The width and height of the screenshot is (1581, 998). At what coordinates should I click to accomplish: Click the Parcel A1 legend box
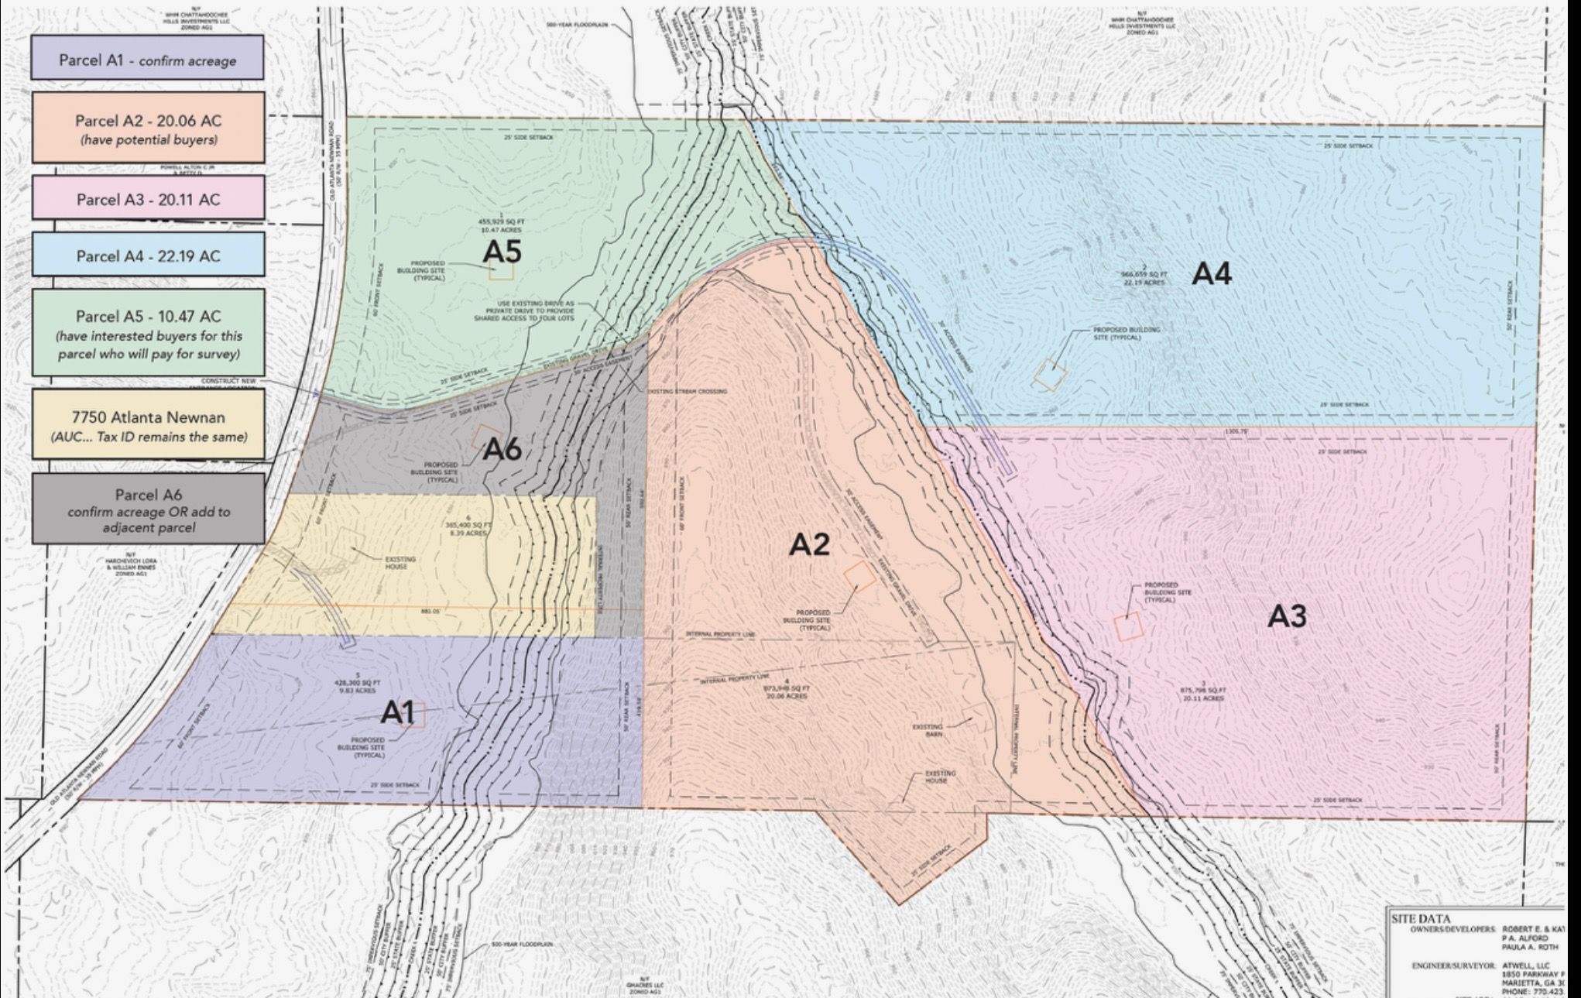[147, 59]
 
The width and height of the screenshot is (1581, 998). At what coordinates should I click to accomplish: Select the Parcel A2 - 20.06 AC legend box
[148, 129]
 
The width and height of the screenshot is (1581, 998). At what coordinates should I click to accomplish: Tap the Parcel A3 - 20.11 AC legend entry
[148, 199]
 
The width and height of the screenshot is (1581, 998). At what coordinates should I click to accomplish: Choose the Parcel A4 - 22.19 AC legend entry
[148, 256]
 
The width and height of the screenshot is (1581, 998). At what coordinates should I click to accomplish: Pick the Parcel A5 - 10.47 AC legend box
[148, 334]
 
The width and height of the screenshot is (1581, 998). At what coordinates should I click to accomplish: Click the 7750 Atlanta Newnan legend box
[148, 425]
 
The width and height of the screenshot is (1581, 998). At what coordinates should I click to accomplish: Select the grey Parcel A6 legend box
[148, 509]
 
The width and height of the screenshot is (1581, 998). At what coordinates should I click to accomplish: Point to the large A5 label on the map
[502, 252]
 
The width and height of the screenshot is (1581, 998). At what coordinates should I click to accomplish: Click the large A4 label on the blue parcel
[1211, 273]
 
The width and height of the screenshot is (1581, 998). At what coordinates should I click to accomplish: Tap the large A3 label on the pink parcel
[1287, 616]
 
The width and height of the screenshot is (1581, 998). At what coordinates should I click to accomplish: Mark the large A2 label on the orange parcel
[809, 545]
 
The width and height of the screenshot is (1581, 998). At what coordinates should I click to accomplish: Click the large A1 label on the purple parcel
[398, 712]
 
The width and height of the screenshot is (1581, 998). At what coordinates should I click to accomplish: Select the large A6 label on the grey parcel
[502, 449]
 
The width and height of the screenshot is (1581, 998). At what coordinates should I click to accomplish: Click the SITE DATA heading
[1421, 919]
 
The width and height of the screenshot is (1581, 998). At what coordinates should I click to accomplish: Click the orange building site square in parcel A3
[1128, 626]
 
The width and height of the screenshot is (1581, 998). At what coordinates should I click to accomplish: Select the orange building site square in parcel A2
[859, 577]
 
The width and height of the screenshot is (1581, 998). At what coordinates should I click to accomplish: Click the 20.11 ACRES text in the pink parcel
[1202, 698]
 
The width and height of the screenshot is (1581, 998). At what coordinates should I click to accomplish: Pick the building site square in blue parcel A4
[1050, 375]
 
